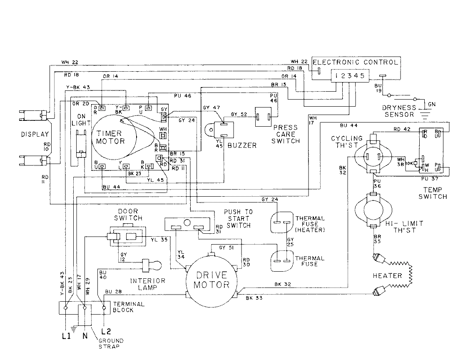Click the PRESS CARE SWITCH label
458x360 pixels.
pyautogui.click(x=285, y=134)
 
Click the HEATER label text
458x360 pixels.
pyautogui.click(x=387, y=275)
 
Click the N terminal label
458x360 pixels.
pyautogui.click(x=85, y=335)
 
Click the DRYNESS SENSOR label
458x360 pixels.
pyautogui.click(x=398, y=111)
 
